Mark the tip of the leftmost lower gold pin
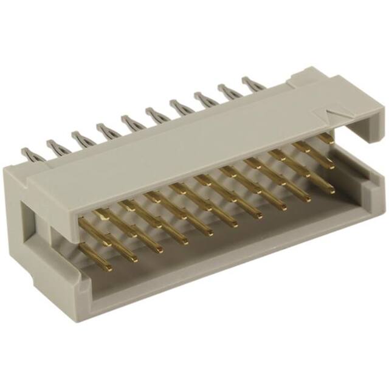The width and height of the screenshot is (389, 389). pyautogui.click(x=109, y=267)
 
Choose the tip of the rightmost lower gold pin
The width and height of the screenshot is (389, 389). pyautogui.click(x=332, y=191)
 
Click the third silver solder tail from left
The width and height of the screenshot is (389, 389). pyautogui.click(x=77, y=137)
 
